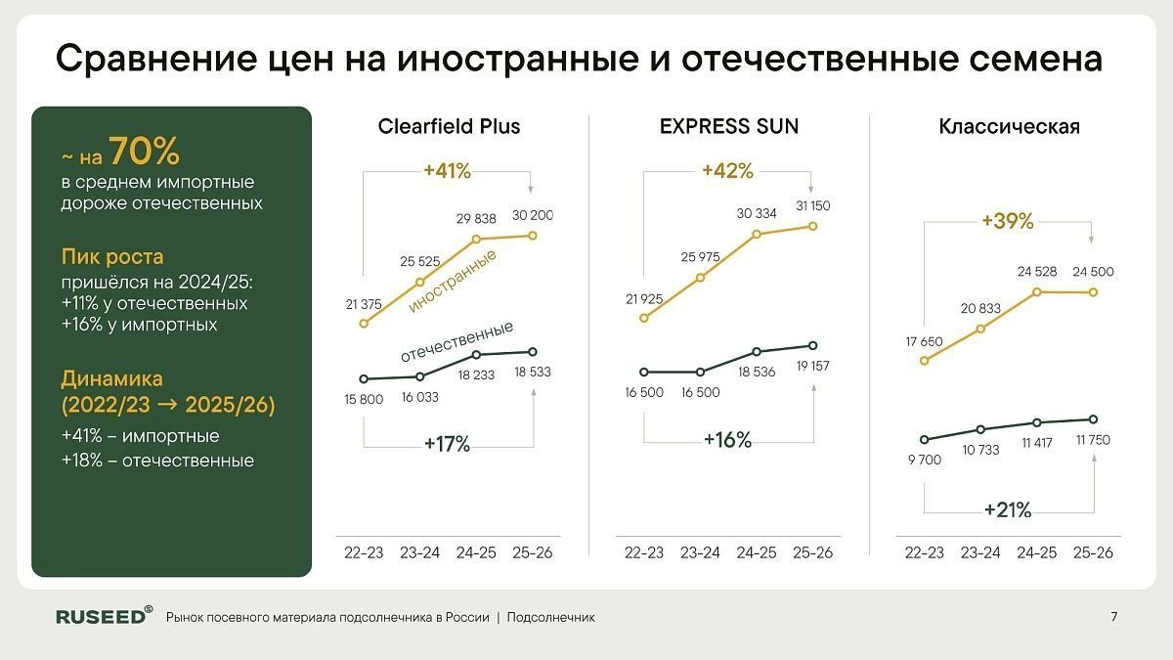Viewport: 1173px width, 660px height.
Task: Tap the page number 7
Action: pos(1114,617)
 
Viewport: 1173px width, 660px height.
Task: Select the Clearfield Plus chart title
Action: pos(449,126)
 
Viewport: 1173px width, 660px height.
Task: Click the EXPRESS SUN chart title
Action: pos(728,126)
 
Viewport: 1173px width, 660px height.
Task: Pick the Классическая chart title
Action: pos(1009,126)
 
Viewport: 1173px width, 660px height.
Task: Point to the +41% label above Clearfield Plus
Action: pos(447,171)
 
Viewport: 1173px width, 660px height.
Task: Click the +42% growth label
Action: pos(727,171)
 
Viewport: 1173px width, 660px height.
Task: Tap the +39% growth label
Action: pos(1008,221)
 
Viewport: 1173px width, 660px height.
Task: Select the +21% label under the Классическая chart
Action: pos(1008,509)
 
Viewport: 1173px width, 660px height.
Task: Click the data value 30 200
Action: pos(533,215)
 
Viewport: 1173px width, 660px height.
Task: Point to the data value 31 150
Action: pos(812,206)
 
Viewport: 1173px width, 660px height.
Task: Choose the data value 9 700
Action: pos(924,460)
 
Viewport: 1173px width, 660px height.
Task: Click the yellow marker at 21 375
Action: pos(364,323)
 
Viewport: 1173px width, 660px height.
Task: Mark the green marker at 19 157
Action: pos(812,345)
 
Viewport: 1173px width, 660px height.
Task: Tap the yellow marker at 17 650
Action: pos(925,360)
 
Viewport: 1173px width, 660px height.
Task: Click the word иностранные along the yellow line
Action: pos(453,282)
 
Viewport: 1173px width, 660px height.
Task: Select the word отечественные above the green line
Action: pos(456,340)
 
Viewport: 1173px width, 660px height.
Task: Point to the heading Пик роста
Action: pos(111,257)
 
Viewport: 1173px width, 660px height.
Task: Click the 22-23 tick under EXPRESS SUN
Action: pos(644,552)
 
